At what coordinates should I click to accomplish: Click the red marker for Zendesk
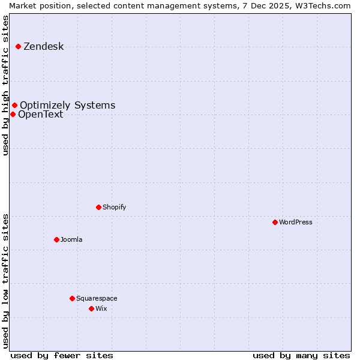tap(19, 46)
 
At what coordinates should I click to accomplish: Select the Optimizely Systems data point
tap(15, 106)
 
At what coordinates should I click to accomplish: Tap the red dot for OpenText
tap(13, 114)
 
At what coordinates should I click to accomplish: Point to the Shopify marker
tap(99, 207)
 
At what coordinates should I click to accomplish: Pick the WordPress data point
tap(275, 222)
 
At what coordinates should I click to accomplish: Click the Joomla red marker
tap(57, 239)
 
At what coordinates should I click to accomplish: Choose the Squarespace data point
tap(73, 298)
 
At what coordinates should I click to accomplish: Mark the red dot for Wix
tap(92, 308)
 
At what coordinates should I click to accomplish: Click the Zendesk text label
tap(43, 47)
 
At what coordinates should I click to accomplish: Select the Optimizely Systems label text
tap(67, 106)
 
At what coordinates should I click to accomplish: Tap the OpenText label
tap(40, 115)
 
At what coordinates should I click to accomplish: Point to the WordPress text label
tap(296, 222)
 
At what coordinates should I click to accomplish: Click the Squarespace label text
tap(97, 298)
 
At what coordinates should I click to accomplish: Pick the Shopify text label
tap(114, 207)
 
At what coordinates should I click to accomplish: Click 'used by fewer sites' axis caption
tap(62, 355)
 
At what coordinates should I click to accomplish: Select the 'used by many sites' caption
tap(301, 355)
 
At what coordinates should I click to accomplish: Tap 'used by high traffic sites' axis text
tap(5, 85)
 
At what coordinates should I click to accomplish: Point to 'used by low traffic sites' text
tap(5, 280)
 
